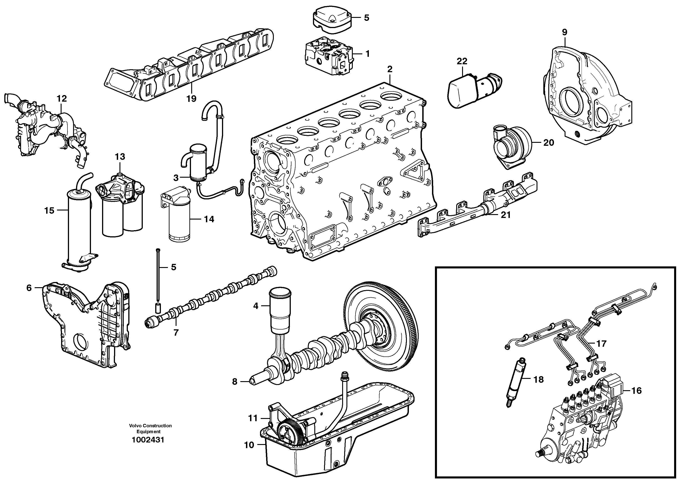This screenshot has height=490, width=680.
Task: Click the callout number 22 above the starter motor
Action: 462,61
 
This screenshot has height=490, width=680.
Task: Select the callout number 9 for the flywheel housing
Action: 565,32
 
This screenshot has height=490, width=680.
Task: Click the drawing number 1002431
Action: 148,440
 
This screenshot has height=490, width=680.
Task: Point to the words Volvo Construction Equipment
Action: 150,428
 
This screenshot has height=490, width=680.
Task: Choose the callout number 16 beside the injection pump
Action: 636,390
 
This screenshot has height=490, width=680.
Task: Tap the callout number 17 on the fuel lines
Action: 601,344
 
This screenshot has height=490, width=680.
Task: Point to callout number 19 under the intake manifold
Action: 191,98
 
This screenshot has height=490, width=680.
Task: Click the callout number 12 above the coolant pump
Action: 62,98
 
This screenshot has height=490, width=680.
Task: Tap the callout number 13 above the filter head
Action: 120,157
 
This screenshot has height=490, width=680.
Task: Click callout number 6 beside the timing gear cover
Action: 29,288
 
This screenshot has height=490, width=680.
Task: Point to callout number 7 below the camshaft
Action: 176,332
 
